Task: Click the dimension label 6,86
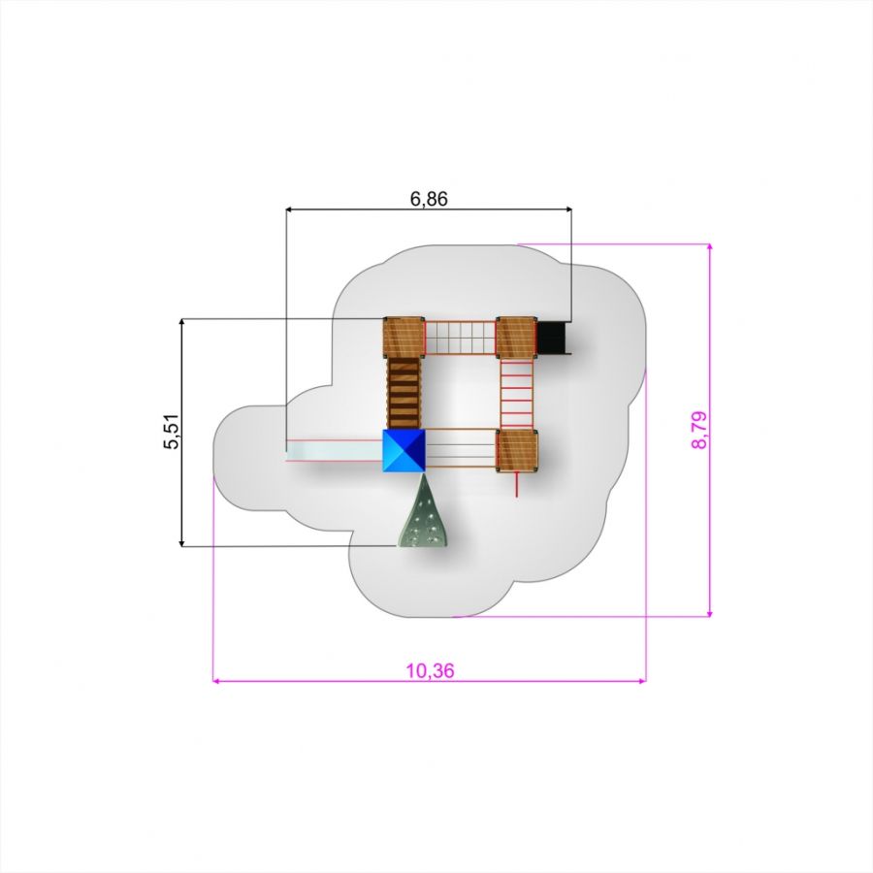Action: coord(429,199)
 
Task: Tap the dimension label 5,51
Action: coord(172,431)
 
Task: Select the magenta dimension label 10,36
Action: coord(430,671)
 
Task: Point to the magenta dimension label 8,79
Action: coord(698,430)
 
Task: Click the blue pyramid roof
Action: coord(404,450)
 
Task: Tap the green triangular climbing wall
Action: coord(423,510)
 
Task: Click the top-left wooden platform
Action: coord(404,338)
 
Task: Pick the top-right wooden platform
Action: coord(517,338)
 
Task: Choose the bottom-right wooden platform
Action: coord(517,450)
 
